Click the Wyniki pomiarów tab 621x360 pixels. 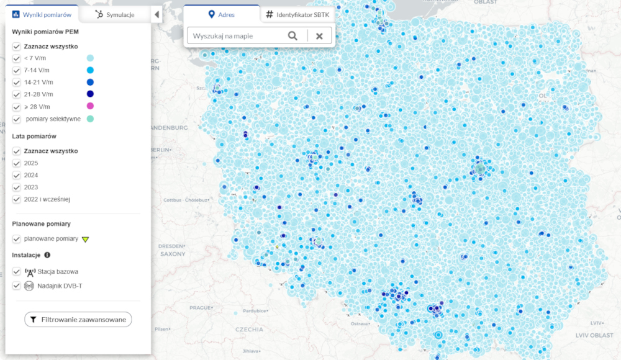tap(42, 14)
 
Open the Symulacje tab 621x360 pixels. tap(115, 14)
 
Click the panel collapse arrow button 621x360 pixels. tap(157, 15)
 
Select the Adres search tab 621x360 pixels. tap(222, 14)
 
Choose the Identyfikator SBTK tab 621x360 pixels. tap(296, 14)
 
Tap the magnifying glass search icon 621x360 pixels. tap(292, 36)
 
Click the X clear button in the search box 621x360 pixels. tap(319, 36)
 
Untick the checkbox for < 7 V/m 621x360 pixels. tap(17, 58)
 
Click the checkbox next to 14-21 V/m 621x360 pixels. tap(17, 83)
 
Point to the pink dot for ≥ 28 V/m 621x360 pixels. tap(91, 107)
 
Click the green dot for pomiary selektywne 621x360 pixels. tap(91, 119)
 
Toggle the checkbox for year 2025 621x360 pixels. tap(17, 163)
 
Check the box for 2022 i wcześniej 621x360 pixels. tap(17, 199)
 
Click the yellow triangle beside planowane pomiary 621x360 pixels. tap(86, 239)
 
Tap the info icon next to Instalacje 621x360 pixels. tap(47, 255)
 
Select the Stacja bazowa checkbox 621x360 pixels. tap(17, 271)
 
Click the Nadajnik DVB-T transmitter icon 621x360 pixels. tap(29, 286)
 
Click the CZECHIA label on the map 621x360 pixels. tap(248, 329)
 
